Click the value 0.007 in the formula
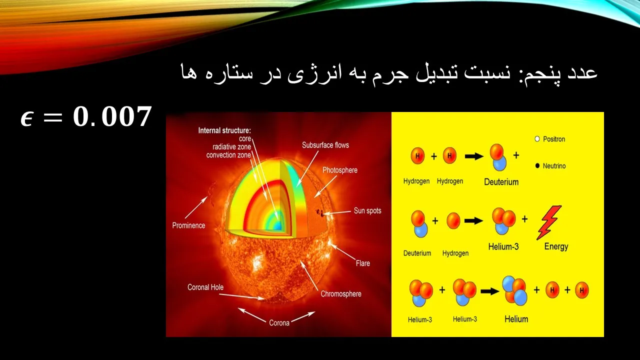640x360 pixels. coord(112,116)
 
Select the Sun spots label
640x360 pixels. coord(367,211)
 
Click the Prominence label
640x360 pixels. coord(188,225)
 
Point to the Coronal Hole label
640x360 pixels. coord(205,287)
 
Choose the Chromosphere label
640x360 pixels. coord(341,293)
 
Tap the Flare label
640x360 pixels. coord(363,263)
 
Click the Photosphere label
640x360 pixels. coord(340,170)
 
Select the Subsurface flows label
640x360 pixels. coord(325,145)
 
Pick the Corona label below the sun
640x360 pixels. coord(279,323)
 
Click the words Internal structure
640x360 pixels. coord(224,130)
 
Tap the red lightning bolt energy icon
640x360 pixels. coord(548,222)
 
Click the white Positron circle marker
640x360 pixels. coord(537,139)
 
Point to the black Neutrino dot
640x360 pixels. coord(537,165)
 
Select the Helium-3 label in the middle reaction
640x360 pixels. coord(503,246)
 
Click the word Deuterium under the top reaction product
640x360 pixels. coord(501,182)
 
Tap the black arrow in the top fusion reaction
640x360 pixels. coord(474,156)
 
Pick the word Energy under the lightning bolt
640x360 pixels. coord(556,246)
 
